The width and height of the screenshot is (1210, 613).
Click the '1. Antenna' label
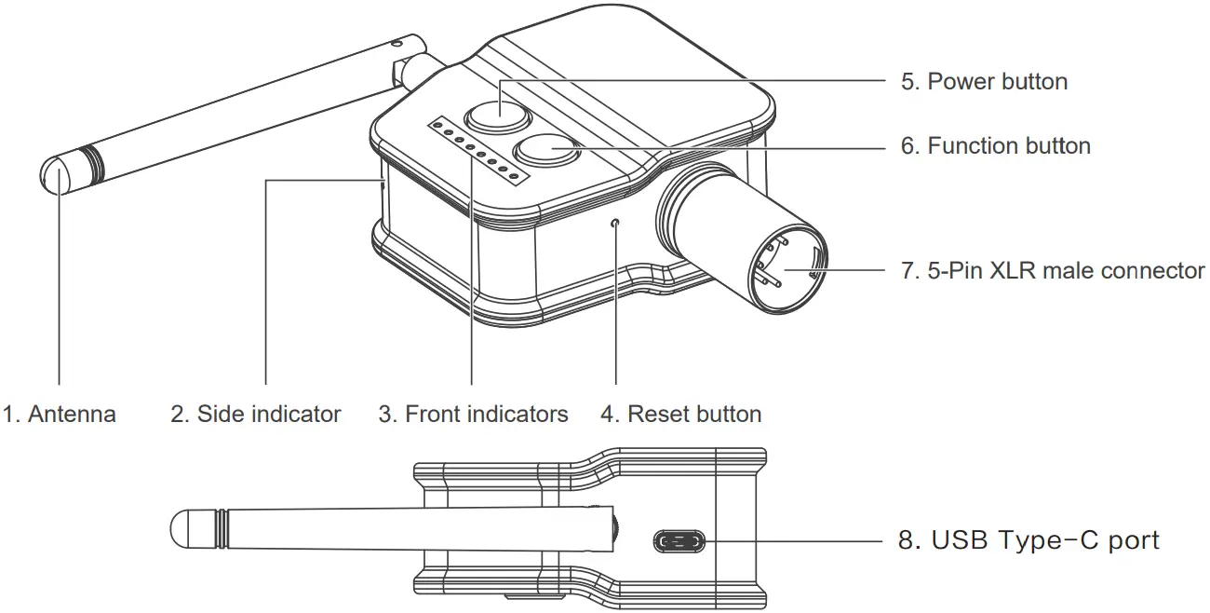pos(60,414)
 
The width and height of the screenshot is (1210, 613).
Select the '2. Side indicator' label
pos(255,414)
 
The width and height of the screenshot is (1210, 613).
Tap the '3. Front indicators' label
pos(473,414)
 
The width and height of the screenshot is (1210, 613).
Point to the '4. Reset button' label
pos(680,414)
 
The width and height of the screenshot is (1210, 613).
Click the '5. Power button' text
pos(984,81)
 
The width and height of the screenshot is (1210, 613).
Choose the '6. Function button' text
pos(995,145)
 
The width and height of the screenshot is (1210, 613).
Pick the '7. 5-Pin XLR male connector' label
pos(1053,271)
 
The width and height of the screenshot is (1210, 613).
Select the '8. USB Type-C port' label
pos(1028,540)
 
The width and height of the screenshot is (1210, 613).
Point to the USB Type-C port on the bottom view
pos(680,540)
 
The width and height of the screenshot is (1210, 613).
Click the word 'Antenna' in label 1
pos(72,414)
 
